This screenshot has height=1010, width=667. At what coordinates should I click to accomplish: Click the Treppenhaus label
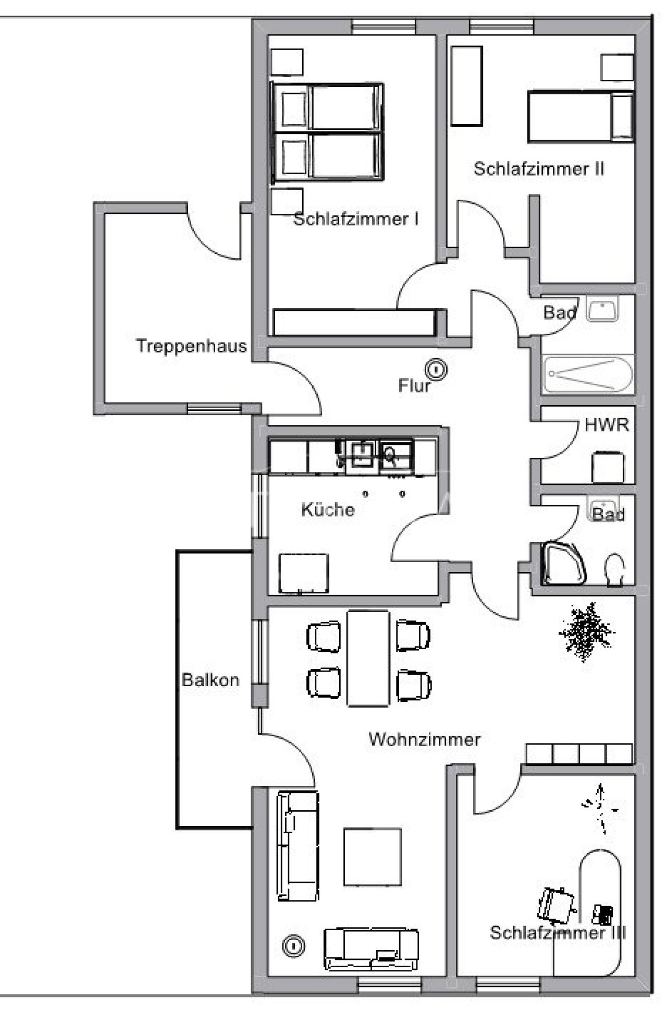coord(191,346)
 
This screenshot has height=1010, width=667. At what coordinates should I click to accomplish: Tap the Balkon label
coord(211,680)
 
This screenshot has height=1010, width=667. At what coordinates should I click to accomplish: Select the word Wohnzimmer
coord(424,739)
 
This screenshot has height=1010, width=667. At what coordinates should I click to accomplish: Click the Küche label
coord(328,509)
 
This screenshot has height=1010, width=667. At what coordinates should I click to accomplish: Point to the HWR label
coord(607,425)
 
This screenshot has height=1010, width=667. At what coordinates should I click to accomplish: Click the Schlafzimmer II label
coord(539,169)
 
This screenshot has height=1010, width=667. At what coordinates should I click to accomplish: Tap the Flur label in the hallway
coord(414,386)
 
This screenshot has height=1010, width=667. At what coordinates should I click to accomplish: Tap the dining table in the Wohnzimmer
coord(368,658)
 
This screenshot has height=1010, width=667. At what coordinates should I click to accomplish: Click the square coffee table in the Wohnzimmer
coord(372,857)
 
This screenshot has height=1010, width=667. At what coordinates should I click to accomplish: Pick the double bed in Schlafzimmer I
coord(328,132)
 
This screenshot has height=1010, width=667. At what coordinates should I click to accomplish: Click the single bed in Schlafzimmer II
coord(580,116)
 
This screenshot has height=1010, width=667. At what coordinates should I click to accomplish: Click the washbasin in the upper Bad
coord(602,309)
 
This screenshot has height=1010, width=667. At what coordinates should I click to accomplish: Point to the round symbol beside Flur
coord(436,370)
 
